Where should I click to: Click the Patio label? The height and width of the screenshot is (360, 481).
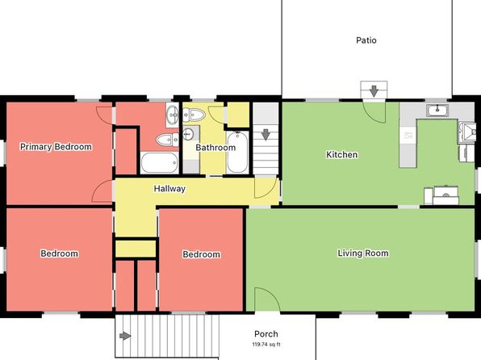pos(366,40)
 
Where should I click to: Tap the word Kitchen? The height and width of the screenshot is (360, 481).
pos(341,154)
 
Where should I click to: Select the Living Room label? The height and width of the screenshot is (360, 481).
pos(363,253)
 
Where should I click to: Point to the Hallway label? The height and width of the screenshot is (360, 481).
pos(169,188)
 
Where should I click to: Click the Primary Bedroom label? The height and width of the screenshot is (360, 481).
pos(56,147)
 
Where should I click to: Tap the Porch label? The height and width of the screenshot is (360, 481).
pos(266,334)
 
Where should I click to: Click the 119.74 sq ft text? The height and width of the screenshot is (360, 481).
pos(266,345)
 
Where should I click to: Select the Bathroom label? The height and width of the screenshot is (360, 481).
pos(215,148)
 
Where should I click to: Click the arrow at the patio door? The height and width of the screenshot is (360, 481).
pos(374,91)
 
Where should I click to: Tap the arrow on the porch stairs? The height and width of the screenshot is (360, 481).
pos(125,336)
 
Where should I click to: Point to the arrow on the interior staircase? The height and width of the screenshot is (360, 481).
pos(266,135)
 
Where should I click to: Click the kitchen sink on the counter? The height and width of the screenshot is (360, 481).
pos(437,111)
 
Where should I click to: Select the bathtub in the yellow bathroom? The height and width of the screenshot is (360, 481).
pos(237,153)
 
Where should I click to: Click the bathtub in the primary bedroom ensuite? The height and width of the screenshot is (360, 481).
pos(160,163)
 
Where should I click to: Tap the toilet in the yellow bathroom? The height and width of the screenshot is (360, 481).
pos(194,115)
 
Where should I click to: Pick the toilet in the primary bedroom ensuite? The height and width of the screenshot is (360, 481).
pos(168,140)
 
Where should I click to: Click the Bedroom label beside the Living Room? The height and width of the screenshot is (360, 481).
pos(201,254)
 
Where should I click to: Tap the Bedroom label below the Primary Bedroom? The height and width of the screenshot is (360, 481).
pos(59,253)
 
